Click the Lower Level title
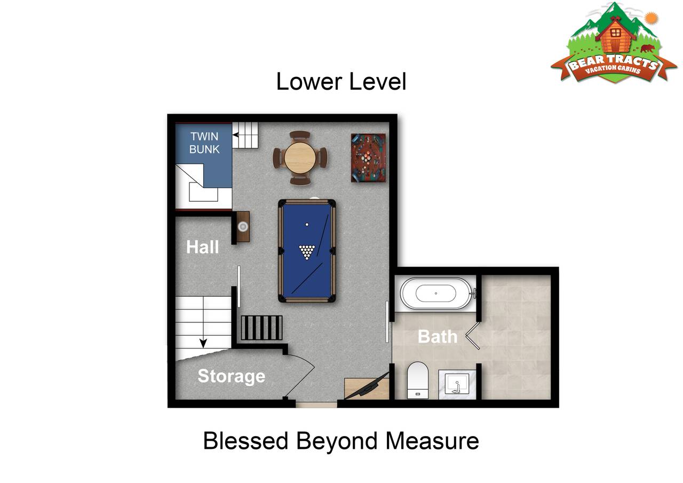341,82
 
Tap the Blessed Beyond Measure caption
341,441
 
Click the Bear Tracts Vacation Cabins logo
613,43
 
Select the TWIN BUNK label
204,142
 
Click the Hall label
202,247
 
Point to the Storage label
232,376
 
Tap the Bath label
437,337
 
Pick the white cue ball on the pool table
307,225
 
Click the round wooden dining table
300,157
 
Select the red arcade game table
368,157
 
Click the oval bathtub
436,294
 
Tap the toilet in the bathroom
418,380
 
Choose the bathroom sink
457,384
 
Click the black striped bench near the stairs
261,328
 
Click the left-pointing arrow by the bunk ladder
235,135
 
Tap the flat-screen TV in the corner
367,386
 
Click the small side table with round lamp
243,227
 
